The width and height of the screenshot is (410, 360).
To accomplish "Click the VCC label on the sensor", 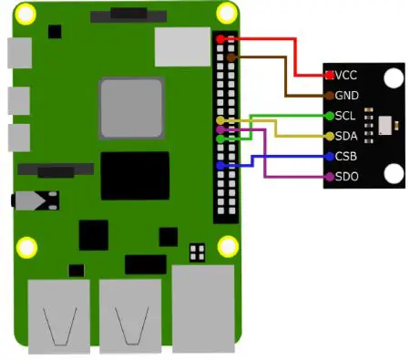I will [x=347, y=74].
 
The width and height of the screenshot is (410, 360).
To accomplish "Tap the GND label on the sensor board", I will [x=346, y=95].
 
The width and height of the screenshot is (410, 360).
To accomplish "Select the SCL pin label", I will [x=345, y=116].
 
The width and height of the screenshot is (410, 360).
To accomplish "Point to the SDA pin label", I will [x=345, y=136].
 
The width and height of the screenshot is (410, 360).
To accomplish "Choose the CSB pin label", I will [x=345, y=156].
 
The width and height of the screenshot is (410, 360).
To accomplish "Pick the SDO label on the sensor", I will [x=345, y=176].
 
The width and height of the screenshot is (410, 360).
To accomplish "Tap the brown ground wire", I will [x=287, y=77].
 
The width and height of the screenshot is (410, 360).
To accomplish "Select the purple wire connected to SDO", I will [x=264, y=155].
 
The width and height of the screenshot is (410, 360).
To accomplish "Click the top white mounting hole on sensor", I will [x=393, y=78].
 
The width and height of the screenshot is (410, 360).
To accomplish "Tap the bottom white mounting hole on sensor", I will [x=393, y=173].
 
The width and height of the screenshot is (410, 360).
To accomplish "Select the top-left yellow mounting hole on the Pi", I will [x=27, y=15].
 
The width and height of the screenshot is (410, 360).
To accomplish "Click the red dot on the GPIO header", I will [x=220, y=39].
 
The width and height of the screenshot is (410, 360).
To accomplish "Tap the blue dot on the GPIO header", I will [x=220, y=166].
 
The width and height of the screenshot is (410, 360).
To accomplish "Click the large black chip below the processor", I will [x=135, y=175].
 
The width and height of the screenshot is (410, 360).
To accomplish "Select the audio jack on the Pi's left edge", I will [x=35, y=201].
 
